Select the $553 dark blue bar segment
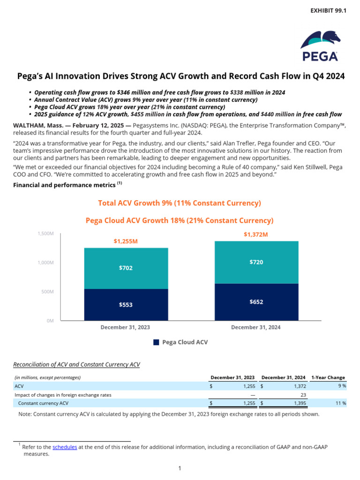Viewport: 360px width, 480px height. [126, 305]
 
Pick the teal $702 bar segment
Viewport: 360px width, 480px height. [126, 268]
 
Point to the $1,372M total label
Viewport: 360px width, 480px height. [255, 234]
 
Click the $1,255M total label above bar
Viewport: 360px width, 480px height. [126, 241]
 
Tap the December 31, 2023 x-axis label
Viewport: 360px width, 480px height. [126, 327]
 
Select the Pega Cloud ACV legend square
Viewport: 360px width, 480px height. [157, 343]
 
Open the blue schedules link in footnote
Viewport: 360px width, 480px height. [65, 447]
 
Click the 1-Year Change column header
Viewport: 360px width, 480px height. [328, 377]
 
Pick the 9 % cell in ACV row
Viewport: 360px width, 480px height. [342, 386]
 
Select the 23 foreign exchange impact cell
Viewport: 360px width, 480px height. [303, 395]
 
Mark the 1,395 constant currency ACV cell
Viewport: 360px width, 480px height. [300, 403]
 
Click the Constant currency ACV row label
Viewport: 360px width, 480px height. [43, 403]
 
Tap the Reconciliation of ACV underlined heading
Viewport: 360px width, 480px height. [76, 364]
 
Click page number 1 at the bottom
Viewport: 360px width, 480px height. [180, 468]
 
